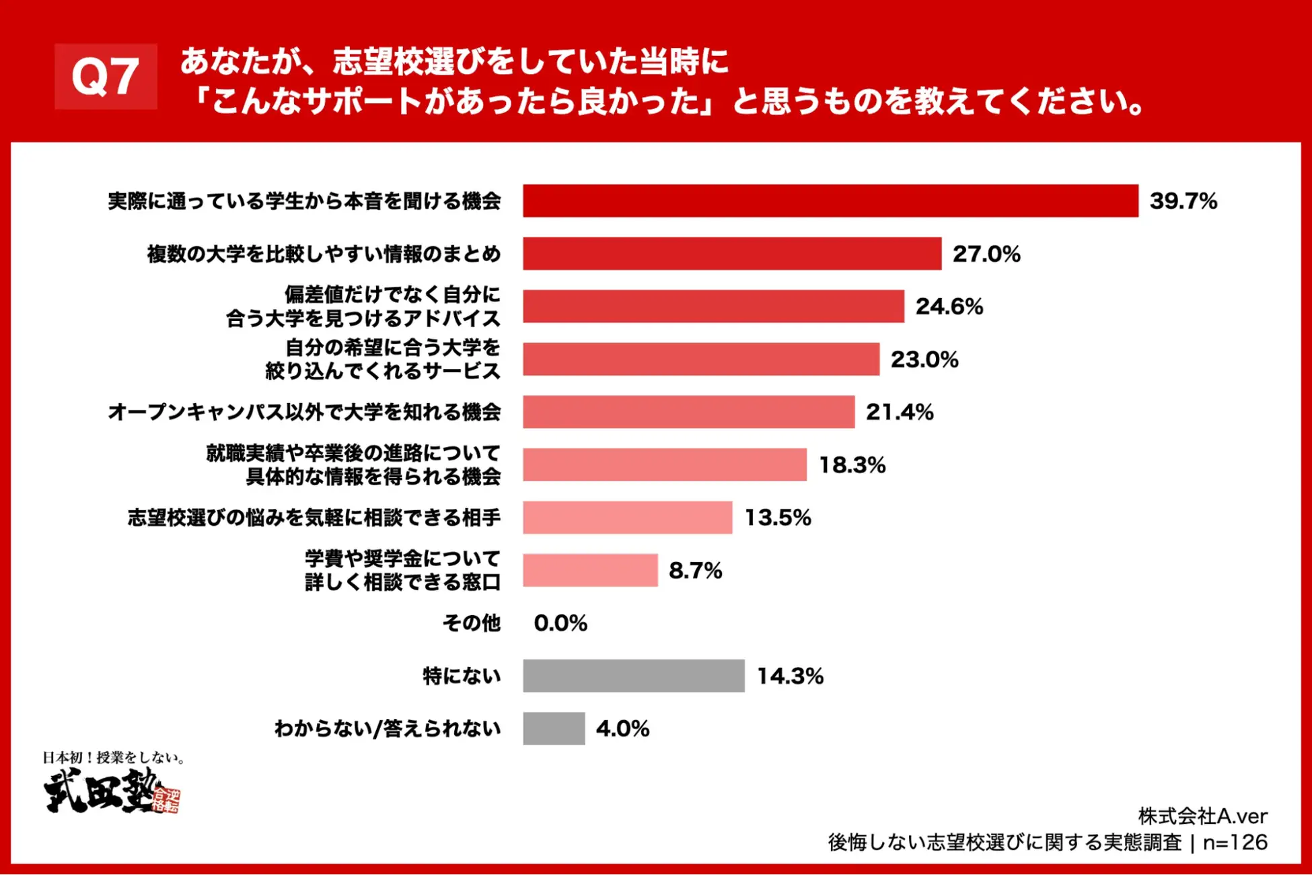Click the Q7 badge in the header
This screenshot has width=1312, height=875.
pos(106,76)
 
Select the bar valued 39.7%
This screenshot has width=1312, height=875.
pos(830,201)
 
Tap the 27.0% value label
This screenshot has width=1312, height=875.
pos(986,254)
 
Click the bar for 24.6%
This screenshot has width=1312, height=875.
pos(713,306)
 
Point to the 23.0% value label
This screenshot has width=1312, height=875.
pos(924,359)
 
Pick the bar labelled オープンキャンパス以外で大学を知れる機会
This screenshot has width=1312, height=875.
pos(688,412)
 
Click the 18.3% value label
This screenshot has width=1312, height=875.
pos(852,465)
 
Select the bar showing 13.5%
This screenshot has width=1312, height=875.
pos(627,518)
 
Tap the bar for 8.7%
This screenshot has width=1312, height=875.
pos(590,570)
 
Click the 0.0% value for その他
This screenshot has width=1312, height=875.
pos(560,623)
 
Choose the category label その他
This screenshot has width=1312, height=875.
pos(471,623)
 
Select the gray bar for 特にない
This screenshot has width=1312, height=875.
pos(633,676)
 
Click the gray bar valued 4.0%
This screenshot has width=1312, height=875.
pos(554,728)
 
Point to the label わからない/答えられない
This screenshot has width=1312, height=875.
pos(388,728)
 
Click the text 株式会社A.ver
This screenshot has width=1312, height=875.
pos(1202,816)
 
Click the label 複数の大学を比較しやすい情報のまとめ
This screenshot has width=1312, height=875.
pos(324,254)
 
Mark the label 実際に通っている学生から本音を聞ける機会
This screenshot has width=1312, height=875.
pos(304,201)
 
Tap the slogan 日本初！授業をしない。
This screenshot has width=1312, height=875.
pos(114,758)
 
